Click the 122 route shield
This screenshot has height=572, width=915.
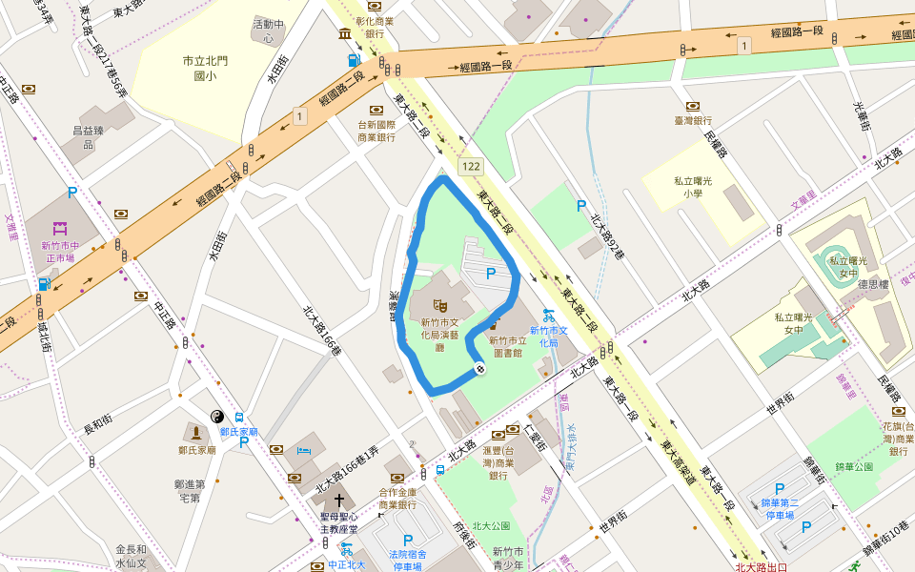(x=471, y=167)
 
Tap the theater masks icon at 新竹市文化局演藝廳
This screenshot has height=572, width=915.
(x=440, y=305)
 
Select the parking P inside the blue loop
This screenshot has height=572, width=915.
(x=491, y=275)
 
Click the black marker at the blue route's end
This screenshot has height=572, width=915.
(x=479, y=368)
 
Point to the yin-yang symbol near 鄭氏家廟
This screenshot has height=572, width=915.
(x=217, y=417)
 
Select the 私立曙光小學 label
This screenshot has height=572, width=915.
(x=692, y=186)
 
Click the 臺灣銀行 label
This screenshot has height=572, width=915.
(x=693, y=121)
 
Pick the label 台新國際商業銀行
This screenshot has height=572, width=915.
(x=376, y=131)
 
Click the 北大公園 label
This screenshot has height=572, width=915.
(x=491, y=525)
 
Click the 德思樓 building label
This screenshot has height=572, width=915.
(x=872, y=284)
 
